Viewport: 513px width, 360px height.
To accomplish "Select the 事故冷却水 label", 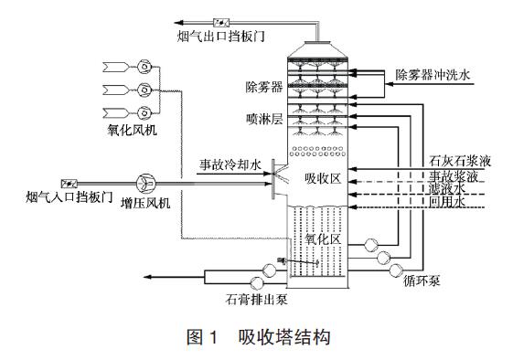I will [x=231, y=166].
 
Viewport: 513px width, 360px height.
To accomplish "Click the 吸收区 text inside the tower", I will [x=322, y=179].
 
